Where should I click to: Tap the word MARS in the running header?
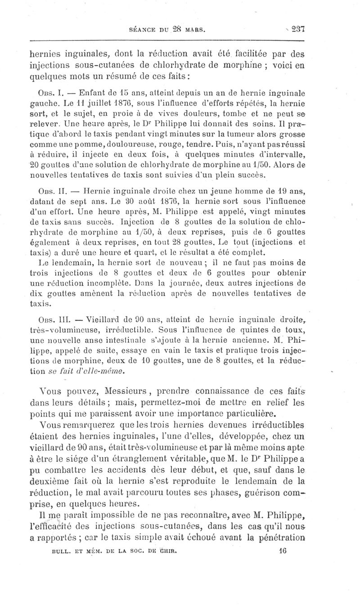[194, 31]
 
